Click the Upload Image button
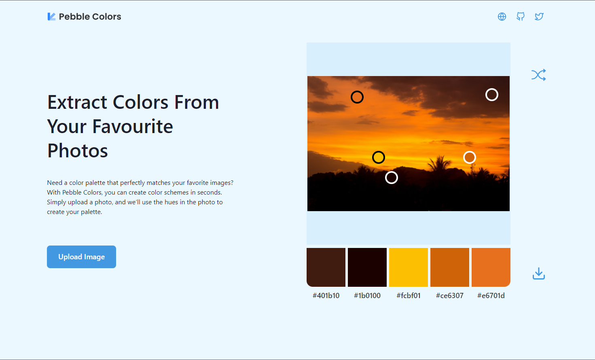click(x=81, y=257)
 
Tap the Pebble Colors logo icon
click(x=51, y=17)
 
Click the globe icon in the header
click(x=502, y=17)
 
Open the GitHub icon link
click(x=521, y=17)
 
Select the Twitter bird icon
click(x=539, y=17)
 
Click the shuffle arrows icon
click(x=538, y=75)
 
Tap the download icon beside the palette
click(x=538, y=274)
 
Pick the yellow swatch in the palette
click(x=409, y=267)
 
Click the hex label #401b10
click(x=326, y=296)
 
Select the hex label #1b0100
click(x=367, y=296)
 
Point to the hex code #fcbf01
click(x=409, y=296)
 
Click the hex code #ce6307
click(x=450, y=296)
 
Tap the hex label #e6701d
click(x=491, y=296)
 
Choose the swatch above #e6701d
click(x=491, y=267)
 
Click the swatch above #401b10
click(x=326, y=267)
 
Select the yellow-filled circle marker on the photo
click(x=379, y=157)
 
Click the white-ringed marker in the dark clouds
click(x=492, y=95)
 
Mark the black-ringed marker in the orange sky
click(x=357, y=97)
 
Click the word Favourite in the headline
click(x=133, y=127)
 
